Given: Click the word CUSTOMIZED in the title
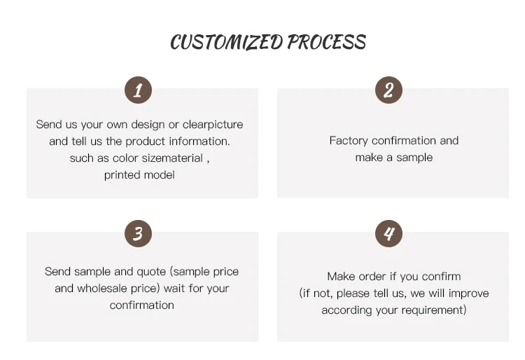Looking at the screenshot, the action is tap(226, 42).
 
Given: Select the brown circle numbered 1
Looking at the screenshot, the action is tap(138, 90).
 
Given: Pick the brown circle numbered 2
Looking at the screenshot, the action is tap(388, 90).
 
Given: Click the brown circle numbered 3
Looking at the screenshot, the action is tap(138, 233).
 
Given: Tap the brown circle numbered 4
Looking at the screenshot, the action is tap(388, 233).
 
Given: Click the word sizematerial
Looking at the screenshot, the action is tap(171, 158).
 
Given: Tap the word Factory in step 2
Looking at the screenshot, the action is tap(349, 141).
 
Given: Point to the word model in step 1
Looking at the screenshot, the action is tap(160, 175).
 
